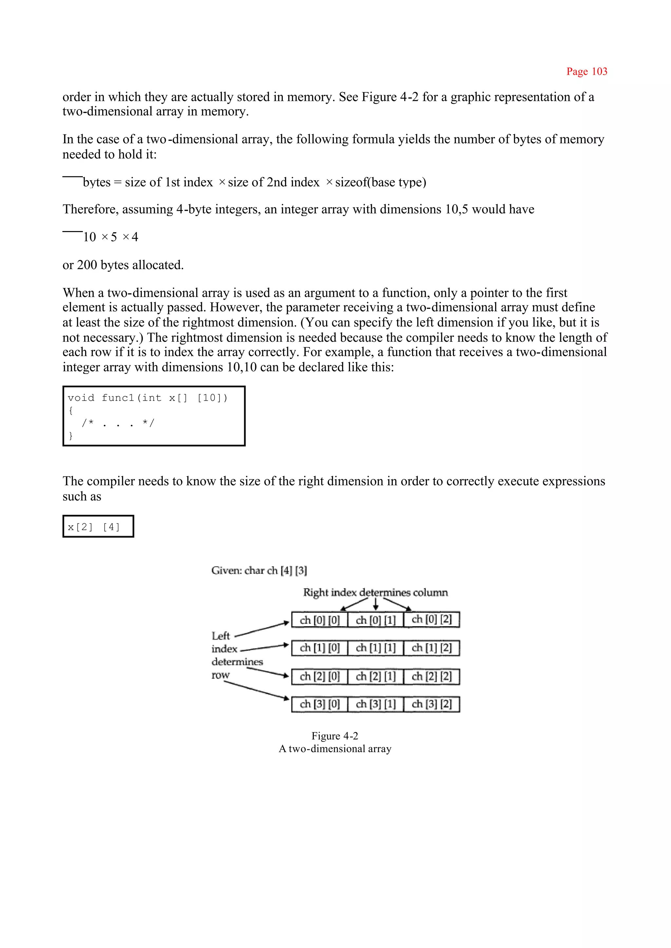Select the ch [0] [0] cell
pos(319,620)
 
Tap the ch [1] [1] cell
pos(375,648)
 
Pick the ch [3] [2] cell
pos(431,704)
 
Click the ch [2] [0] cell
pos(319,676)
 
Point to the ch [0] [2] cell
pos(431,619)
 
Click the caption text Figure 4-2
pos(335,736)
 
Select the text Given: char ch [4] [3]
pos(259,570)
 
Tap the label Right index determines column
pos(375,592)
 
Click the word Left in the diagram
pos(220,636)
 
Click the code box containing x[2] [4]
pos(98,527)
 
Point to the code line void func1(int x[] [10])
pos(147,398)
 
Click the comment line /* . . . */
pos(118,423)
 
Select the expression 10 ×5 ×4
pos(110,237)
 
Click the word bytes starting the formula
pos(97,182)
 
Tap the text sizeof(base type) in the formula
pos(380,182)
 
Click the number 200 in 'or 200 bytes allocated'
pos(87,265)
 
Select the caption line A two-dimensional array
pos(335,749)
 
